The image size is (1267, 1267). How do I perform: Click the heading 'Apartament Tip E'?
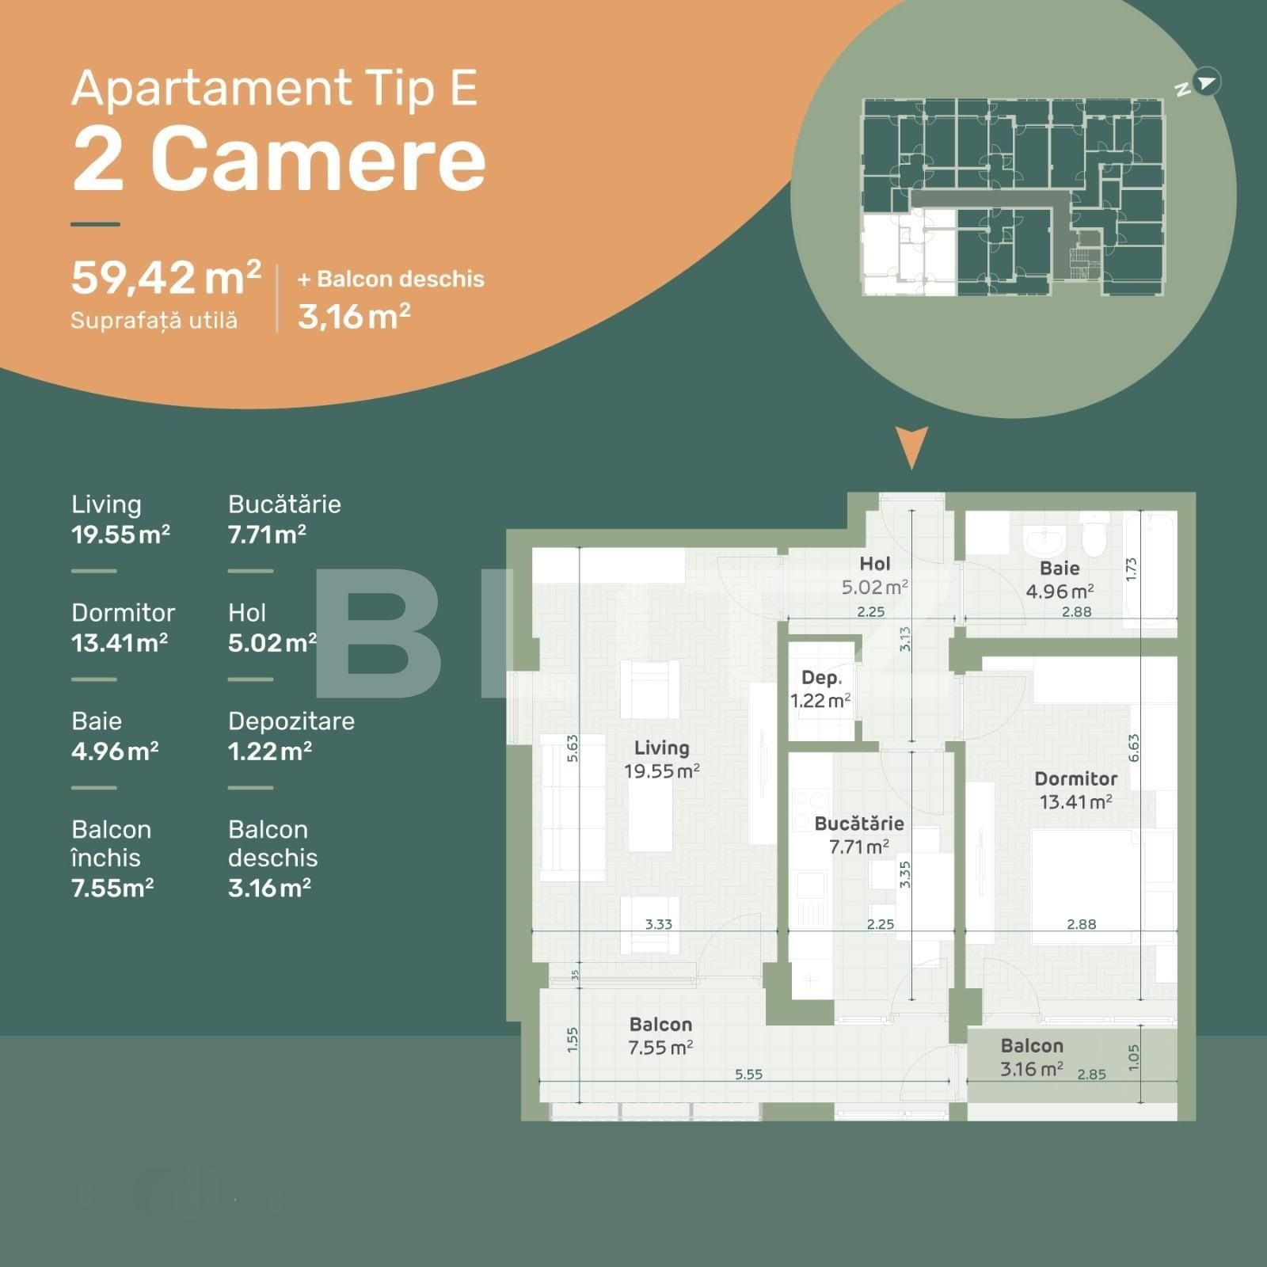pyautogui.click(x=275, y=89)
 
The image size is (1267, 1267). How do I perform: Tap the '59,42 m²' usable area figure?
pyautogui.click(x=166, y=278)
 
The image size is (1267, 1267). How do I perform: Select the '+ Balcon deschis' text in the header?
pyautogui.click(x=391, y=280)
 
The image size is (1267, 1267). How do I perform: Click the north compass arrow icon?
pyautogui.click(x=1205, y=82)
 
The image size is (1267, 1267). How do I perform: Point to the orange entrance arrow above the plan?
pyautogui.click(x=911, y=447)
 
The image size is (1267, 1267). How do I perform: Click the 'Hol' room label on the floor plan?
pyautogui.click(x=874, y=564)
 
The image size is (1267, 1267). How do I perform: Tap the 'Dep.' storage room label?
pyautogui.click(x=821, y=678)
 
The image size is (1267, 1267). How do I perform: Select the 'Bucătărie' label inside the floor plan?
pyautogui.click(x=859, y=824)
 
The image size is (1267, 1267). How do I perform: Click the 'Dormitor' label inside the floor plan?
pyautogui.click(x=1075, y=779)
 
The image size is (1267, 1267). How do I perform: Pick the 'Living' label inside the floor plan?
pyautogui.click(x=661, y=748)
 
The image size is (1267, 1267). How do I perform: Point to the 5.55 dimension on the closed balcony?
pyautogui.click(x=748, y=1075)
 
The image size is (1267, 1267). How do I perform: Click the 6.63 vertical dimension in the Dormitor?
pyautogui.click(x=1133, y=748)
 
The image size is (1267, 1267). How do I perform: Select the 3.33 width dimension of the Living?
pyautogui.click(x=658, y=924)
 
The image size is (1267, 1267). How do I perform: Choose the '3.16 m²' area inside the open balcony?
pyautogui.click(x=1031, y=1070)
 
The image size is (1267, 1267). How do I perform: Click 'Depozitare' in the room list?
pyautogui.click(x=291, y=721)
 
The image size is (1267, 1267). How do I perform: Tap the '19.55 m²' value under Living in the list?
pyautogui.click(x=120, y=535)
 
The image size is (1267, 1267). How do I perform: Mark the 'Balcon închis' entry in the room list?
pyautogui.click(x=112, y=843)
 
